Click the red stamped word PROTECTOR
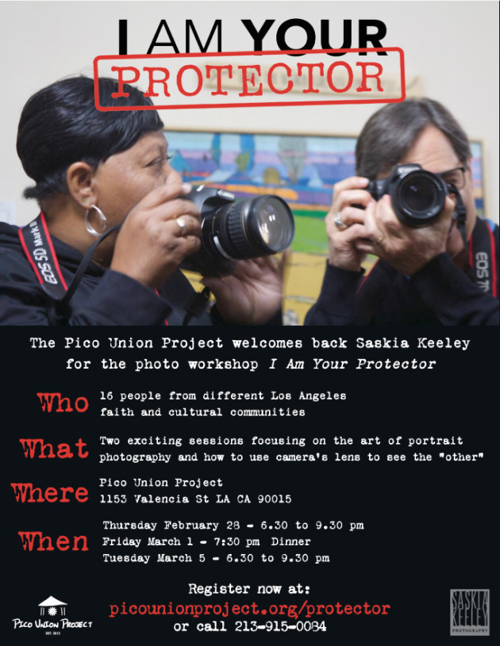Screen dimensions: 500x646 point(248,79)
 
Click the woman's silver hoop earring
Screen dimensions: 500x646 point(95,220)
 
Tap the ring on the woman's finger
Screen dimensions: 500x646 point(182,226)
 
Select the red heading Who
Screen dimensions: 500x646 point(63,403)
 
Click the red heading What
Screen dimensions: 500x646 point(54,448)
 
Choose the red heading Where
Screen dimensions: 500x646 point(50,493)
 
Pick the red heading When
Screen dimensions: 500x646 point(53,541)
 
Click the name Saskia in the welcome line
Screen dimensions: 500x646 point(382,343)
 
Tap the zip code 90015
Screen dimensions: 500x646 point(275,499)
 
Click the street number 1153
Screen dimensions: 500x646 point(113,499)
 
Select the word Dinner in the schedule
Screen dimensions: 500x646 point(290,541)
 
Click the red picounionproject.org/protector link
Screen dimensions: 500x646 point(249,609)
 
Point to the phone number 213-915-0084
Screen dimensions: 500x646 point(280,627)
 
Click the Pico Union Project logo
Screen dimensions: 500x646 point(52,614)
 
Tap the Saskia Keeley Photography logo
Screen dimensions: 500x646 point(470,612)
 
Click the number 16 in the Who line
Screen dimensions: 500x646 point(106,396)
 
